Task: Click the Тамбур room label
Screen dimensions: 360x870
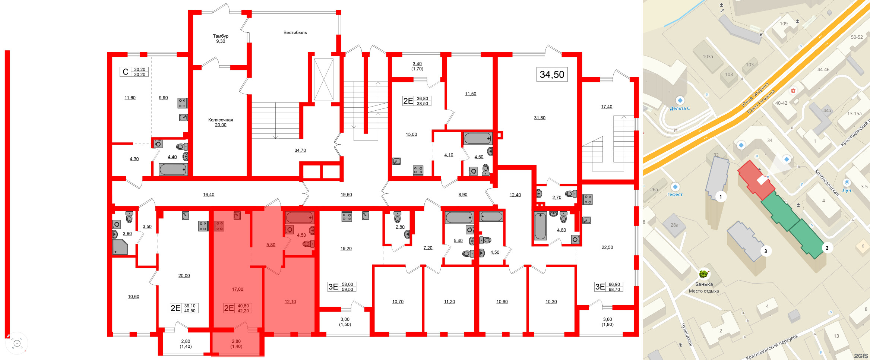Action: coord(221,36)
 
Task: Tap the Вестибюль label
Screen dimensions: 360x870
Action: coord(295,33)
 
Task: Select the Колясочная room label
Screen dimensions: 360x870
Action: coord(221,120)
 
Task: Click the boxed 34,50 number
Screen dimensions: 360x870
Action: coord(552,75)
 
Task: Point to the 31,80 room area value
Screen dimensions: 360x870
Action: coord(540,118)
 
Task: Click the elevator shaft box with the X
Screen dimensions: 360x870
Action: coord(323,79)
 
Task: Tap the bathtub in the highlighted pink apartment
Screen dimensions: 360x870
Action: coord(300,218)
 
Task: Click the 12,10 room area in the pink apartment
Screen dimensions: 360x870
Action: coord(290,302)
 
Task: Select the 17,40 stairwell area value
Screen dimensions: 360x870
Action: coord(607,107)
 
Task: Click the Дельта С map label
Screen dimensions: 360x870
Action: coord(680,108)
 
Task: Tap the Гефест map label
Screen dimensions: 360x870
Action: coord(675,195)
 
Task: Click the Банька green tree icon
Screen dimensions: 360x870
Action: coord(703,274)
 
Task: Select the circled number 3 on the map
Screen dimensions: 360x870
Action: coord(766,251)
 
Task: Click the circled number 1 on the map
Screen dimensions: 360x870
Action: coord(721,197)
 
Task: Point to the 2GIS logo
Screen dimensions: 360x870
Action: coord(861,356)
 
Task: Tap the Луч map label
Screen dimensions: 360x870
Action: coord(847,190)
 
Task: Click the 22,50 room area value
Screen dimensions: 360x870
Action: coord(607,247)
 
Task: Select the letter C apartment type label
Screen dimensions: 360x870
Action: coord(126,72)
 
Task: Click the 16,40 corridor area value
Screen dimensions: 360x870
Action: coord(209,195)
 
